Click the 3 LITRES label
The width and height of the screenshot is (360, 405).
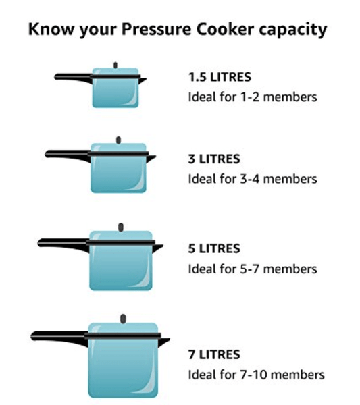click(213, 159)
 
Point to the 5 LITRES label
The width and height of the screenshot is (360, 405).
click(213, 248)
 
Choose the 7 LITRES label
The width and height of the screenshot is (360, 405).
click(213, 354)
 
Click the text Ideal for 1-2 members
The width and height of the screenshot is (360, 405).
click(252, 97)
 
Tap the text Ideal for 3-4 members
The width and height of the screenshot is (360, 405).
click(252, 180)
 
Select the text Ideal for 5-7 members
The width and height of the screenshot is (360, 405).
click(252, 269)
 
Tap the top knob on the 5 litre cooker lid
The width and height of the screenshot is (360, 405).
click(121, 227)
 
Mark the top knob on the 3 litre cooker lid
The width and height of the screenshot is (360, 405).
click(118, 140)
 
